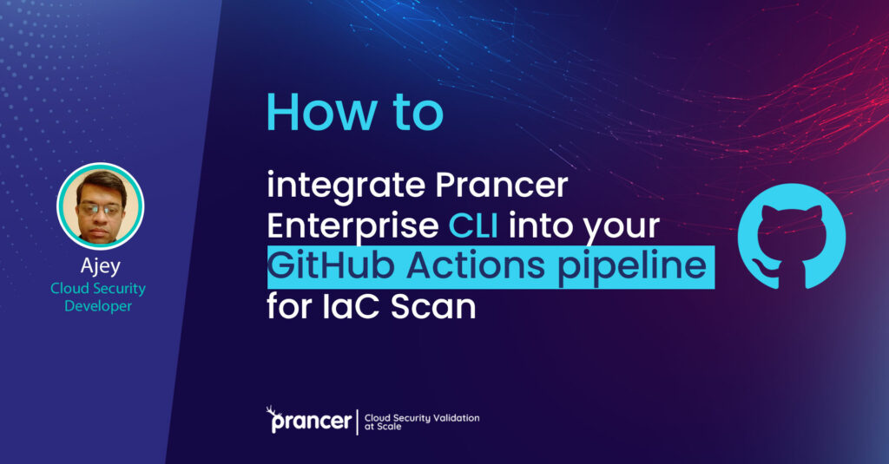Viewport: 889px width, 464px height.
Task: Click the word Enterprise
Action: (352, 227)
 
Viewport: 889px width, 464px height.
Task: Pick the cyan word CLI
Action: (475, 227)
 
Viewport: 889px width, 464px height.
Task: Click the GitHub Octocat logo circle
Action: (790, 236)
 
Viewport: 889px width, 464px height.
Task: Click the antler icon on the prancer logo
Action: (274, 410)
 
